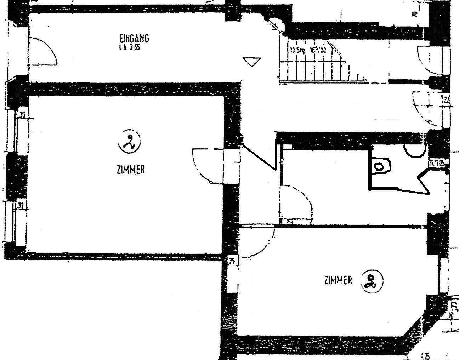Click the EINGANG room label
(x=134, y=38)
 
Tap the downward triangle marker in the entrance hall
(x=252, y=62)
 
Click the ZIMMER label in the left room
(x=131, y=170)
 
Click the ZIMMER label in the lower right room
(x=338, y=280)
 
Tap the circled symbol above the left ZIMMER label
(x=129, y=141)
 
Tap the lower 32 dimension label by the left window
(x=21, y=206)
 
